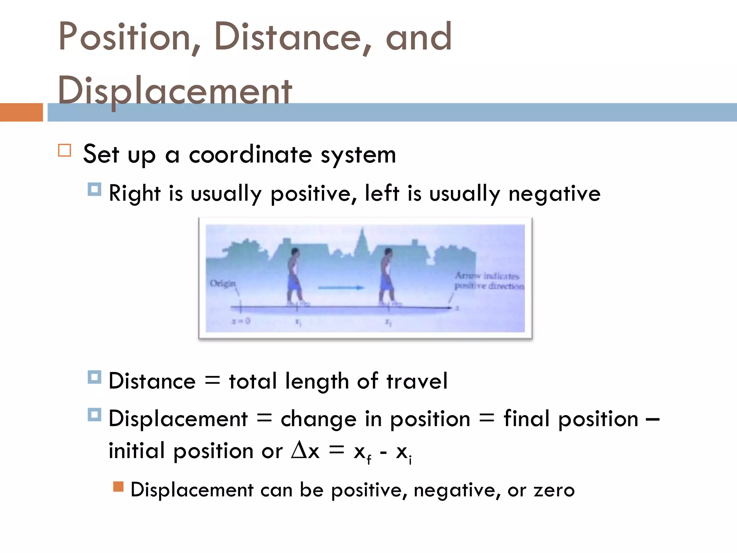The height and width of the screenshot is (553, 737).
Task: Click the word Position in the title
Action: tap(124, 37)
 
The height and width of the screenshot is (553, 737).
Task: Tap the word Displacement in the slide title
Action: tap(175, 91)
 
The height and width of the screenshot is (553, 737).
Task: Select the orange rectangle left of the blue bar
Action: tap(21, 112)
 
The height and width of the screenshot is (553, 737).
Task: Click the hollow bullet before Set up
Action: tap(65, 150)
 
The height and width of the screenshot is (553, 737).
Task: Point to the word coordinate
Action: tap(250, 155)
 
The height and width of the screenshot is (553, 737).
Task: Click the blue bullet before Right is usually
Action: tap(94, 189)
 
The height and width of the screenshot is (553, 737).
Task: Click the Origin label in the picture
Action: tap(222, 283)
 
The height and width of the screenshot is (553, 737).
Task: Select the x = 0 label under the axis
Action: tap(241, 321)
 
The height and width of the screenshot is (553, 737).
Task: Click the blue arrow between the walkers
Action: tap(341, 288)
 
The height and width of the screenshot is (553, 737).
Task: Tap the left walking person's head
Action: tap(295, 252)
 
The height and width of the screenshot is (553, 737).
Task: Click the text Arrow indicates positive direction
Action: tap(488, 281)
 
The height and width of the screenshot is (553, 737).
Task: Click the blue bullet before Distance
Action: tap(94, 377)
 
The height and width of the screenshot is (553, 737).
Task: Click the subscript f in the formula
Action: tap(369, 460)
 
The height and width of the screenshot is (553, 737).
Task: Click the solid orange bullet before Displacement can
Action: tap(118, 487)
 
